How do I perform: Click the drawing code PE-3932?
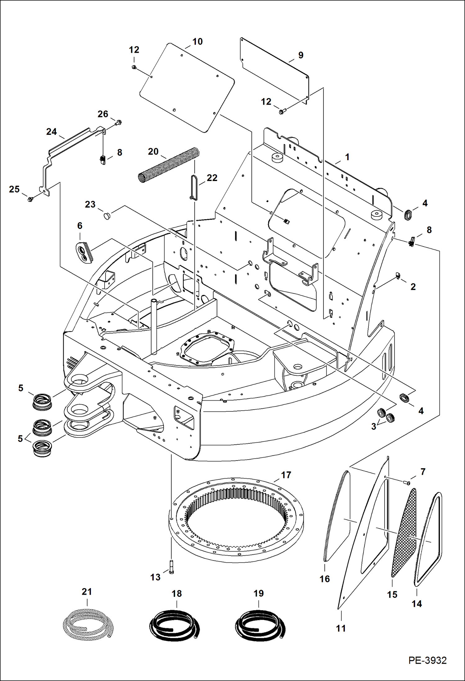427,660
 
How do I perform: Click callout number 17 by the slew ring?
286,475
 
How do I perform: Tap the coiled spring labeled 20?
169,165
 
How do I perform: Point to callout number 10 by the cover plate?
197,42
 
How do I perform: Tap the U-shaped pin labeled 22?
194,188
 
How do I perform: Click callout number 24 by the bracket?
52,132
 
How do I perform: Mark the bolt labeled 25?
30,199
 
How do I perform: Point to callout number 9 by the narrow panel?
300,55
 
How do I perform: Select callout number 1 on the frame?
347,157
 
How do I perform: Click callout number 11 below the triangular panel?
341,628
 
